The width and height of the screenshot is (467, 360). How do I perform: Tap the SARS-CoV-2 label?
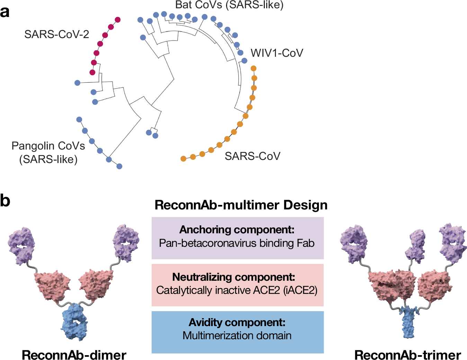pyautogui.click(x=57, y=34)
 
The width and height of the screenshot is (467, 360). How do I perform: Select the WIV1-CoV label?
pyautogui.click(x=277, y=53)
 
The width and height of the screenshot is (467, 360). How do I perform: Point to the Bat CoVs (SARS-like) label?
pyautogui.click(x=229, y=5)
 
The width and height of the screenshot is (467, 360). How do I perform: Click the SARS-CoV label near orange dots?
pyautogui.click(x=252, y=156)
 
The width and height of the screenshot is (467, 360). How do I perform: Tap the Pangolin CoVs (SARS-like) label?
pyautogui.click(x=48, y=152)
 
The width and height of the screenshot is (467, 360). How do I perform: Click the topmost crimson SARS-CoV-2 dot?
pyautogui.click(x=117, y=20)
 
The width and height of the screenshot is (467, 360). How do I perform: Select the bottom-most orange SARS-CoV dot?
pyautogui.click(x=183, y=159)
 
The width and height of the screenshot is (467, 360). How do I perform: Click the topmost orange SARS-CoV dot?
pyautogui.click(x=253, y=68)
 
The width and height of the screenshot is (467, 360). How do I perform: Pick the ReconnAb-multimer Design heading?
pyautogui.click(x=241, y=205)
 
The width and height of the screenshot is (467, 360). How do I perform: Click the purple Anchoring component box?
pyautogui.click(x=237, y=238)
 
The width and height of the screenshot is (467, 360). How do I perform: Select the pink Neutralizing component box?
pyautogui.click(x=237, y=285)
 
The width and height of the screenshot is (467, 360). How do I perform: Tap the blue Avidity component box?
pyautogui.click(x=237, y=332)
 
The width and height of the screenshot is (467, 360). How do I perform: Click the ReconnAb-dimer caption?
pyautogui.click(x=74, y=355)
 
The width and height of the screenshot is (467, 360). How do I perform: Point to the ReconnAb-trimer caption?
pyautogui.click(x=407, y=355)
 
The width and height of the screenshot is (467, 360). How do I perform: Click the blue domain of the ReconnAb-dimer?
pyautogui.click(x=74, y=322)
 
